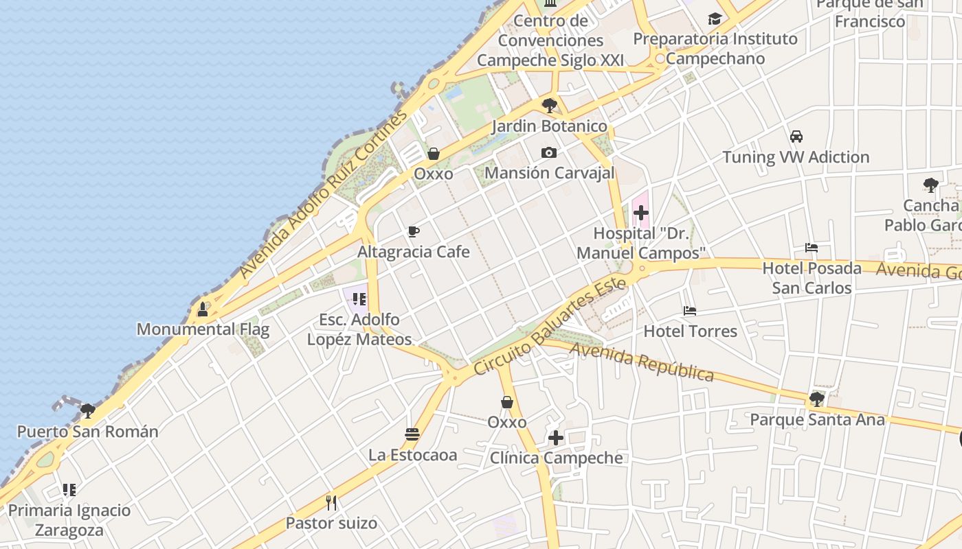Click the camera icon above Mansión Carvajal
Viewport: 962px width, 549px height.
548,152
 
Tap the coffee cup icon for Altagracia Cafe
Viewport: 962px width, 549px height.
413,231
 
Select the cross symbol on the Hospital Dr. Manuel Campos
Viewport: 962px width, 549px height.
640,213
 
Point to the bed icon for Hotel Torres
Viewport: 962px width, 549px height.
690,311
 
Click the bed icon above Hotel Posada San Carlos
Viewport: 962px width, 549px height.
812,248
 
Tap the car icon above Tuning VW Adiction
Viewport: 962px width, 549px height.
796,137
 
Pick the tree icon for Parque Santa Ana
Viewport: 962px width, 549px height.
816,399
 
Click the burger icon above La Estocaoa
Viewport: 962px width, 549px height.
412,434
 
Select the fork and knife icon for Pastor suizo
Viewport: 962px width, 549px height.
331,503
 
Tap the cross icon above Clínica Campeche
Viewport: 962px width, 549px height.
556,438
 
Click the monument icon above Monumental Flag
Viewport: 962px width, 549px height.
203,309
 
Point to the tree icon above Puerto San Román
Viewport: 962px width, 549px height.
87,411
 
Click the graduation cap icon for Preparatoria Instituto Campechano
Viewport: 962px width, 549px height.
715,19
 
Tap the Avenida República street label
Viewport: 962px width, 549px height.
642,362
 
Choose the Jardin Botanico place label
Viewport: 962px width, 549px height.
549,126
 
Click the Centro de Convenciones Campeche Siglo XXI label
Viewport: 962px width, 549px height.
550,40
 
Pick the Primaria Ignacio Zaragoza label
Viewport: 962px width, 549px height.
69,520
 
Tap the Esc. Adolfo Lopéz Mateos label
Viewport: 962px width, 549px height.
359,329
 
